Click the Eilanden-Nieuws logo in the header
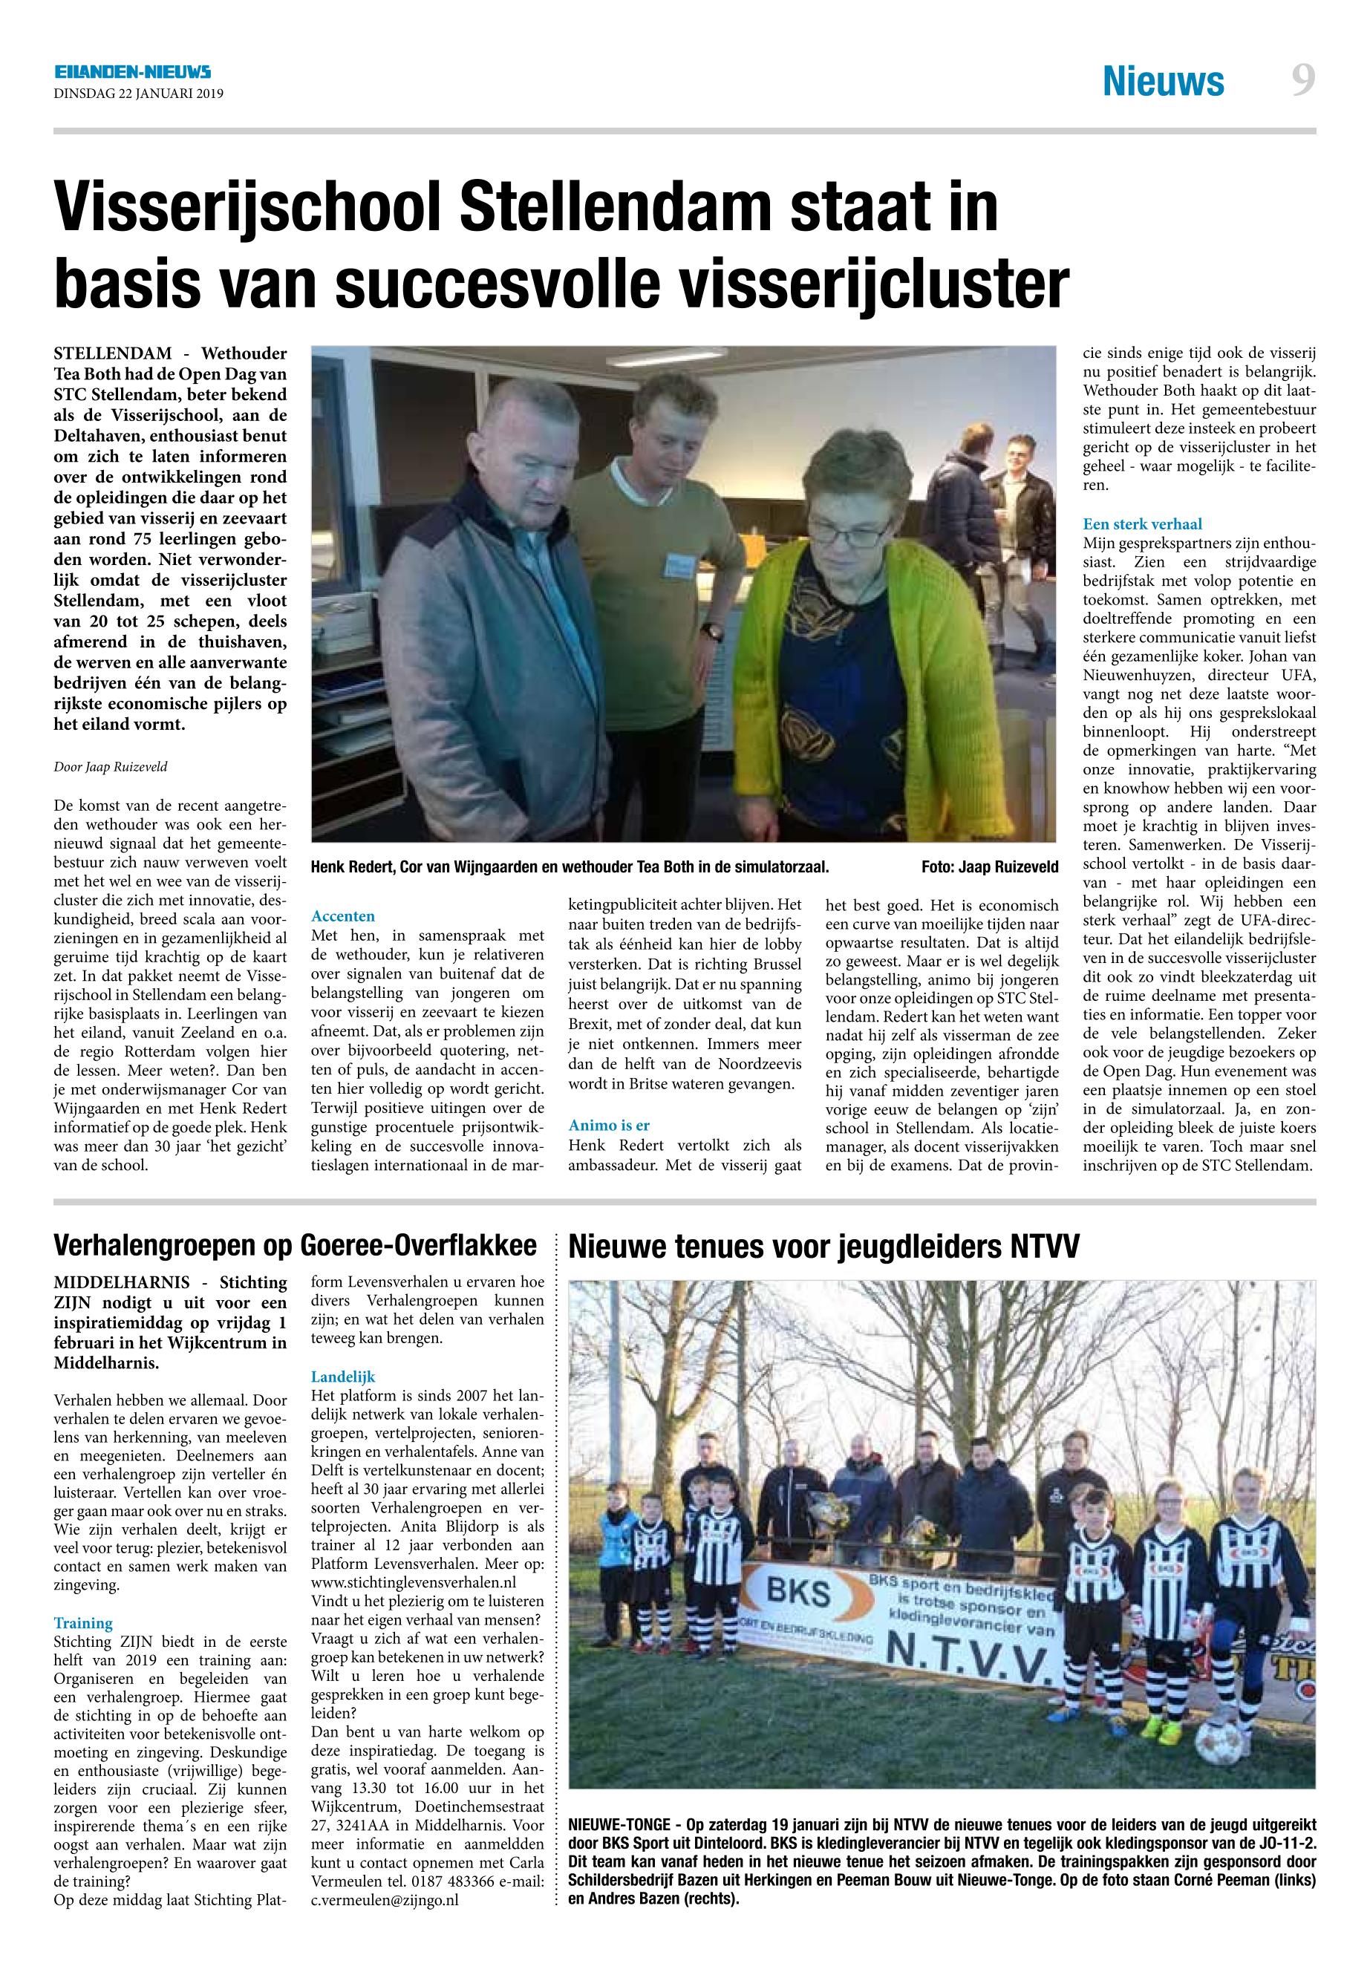[x=132, y=73]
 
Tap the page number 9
[x=1302, y=82]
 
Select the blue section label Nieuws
[x=1163, y=82]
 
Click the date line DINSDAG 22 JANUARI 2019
[x=138, y=94]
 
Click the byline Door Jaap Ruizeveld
[x=111, y=766]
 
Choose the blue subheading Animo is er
[x=609, y=1126]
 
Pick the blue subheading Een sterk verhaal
[x=1142, y=523]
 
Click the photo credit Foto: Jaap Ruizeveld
[x=989, y=867]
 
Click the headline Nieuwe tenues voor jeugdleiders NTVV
[x=823, y=1247]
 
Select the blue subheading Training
[x=83, y=1623]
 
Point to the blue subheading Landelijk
[x=343, y=1377]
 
